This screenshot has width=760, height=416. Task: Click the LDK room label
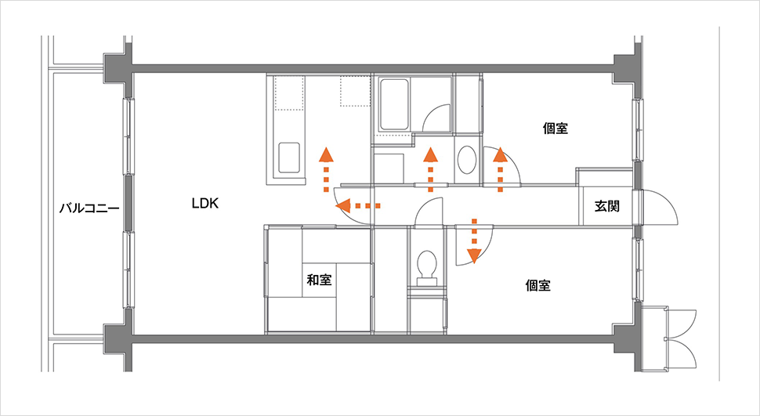coord(205,204)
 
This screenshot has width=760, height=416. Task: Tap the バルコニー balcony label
coord(89,209)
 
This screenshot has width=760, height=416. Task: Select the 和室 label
coord(320,280)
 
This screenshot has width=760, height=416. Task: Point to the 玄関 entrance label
coord(607,206)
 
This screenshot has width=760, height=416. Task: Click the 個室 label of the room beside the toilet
coord(538,285)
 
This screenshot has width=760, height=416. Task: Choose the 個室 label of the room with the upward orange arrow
coord(556,128)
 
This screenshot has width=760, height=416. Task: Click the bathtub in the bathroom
coord(394,105)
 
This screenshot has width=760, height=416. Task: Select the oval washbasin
coord(467,160)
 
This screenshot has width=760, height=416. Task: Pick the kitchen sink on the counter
coord(289,157)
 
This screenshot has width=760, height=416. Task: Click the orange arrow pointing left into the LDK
coord(358,205)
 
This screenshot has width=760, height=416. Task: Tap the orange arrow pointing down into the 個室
coord(474,241)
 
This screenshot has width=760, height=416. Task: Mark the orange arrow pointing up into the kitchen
coord(326,170)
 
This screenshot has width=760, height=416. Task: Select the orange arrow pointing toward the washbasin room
coord(430,170)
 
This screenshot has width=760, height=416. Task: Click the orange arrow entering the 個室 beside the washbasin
coord(500,170)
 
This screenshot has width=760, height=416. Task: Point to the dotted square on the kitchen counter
coord(355,91)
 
